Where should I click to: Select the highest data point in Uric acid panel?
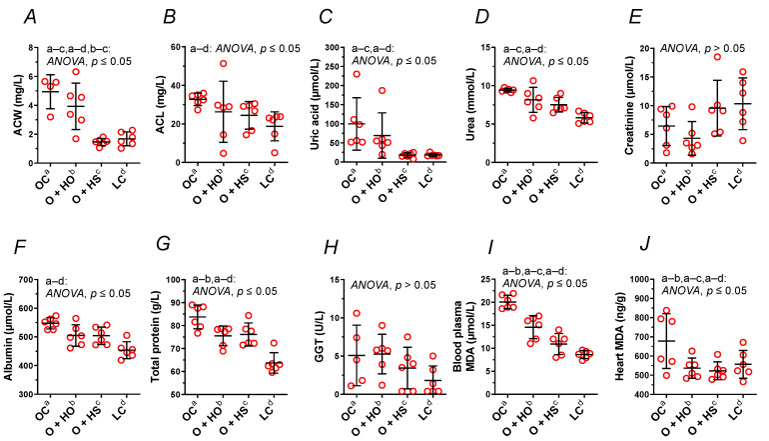pyautogui.click(x=357, y=74)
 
